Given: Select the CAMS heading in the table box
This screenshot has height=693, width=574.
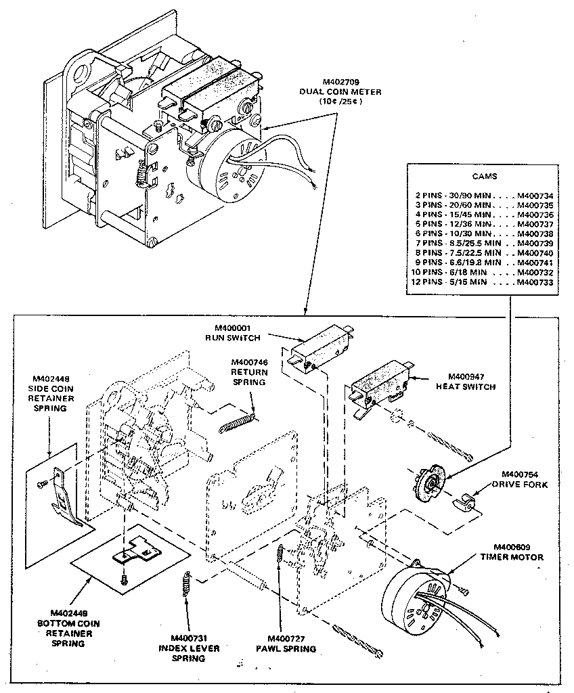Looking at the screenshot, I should (x=483, y=176).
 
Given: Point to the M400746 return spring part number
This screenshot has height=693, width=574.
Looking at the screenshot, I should (x=250, y=362).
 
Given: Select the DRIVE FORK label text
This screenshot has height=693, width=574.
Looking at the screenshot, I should (x=519, y=484).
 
